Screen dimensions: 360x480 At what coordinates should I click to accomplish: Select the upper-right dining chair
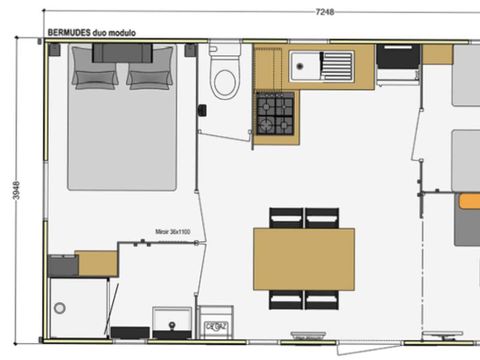pyautogui.click(x=322, y=217)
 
